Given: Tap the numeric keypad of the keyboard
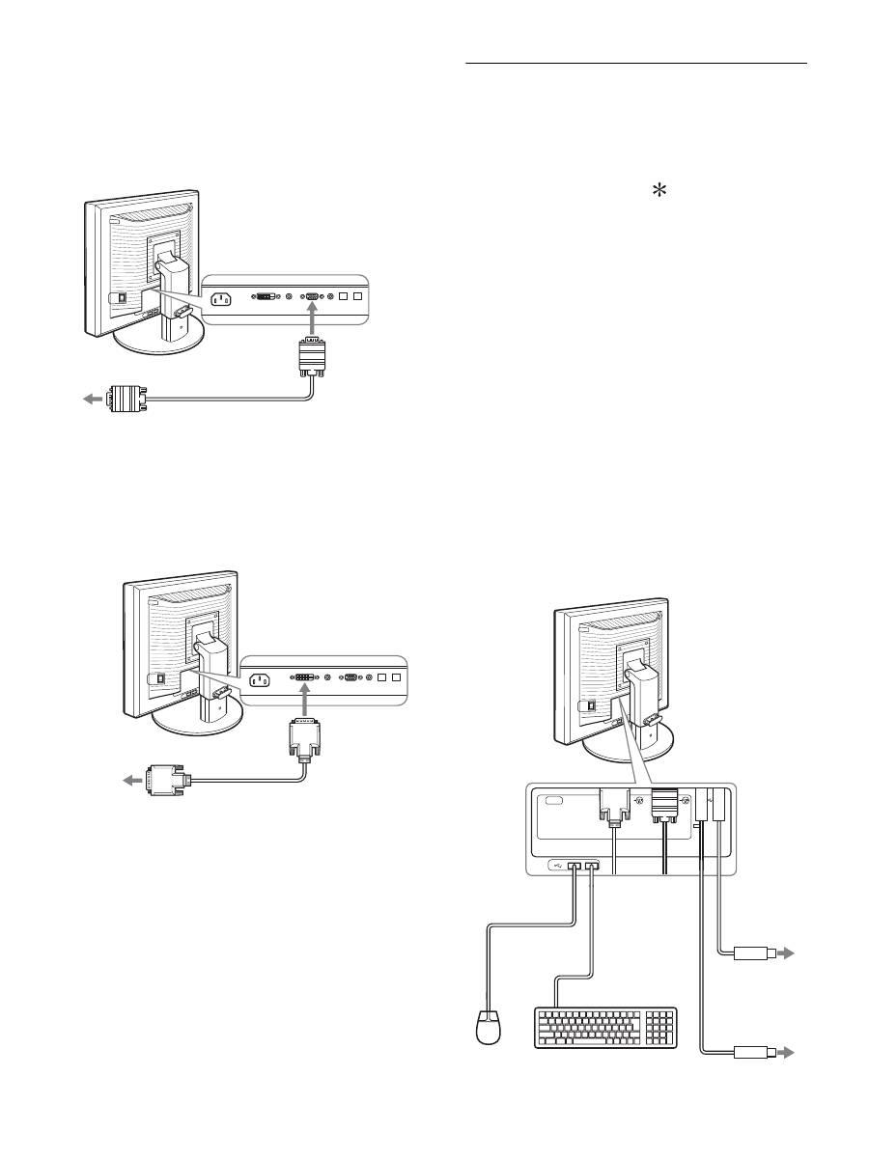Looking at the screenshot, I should pyautogui.click(x=660, y=1026).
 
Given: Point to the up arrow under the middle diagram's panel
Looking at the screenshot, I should pyautogui.click(x=303, y=702).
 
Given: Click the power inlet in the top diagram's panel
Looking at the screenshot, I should pyautogui.click(x=221, y=297).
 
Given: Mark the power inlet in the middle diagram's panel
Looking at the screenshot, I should pyautogui.click(x=259, y=678).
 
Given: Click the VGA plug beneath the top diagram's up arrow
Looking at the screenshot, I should pyautogui.click(x=313, y=359).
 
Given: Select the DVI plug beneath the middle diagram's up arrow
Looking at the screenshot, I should pyautogui.click(x=303, y=738).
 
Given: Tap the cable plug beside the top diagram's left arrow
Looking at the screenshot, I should pyautogui.click(x=126, y=397).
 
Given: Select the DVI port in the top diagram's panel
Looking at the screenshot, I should pyautogui.click(x=266, y=297).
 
